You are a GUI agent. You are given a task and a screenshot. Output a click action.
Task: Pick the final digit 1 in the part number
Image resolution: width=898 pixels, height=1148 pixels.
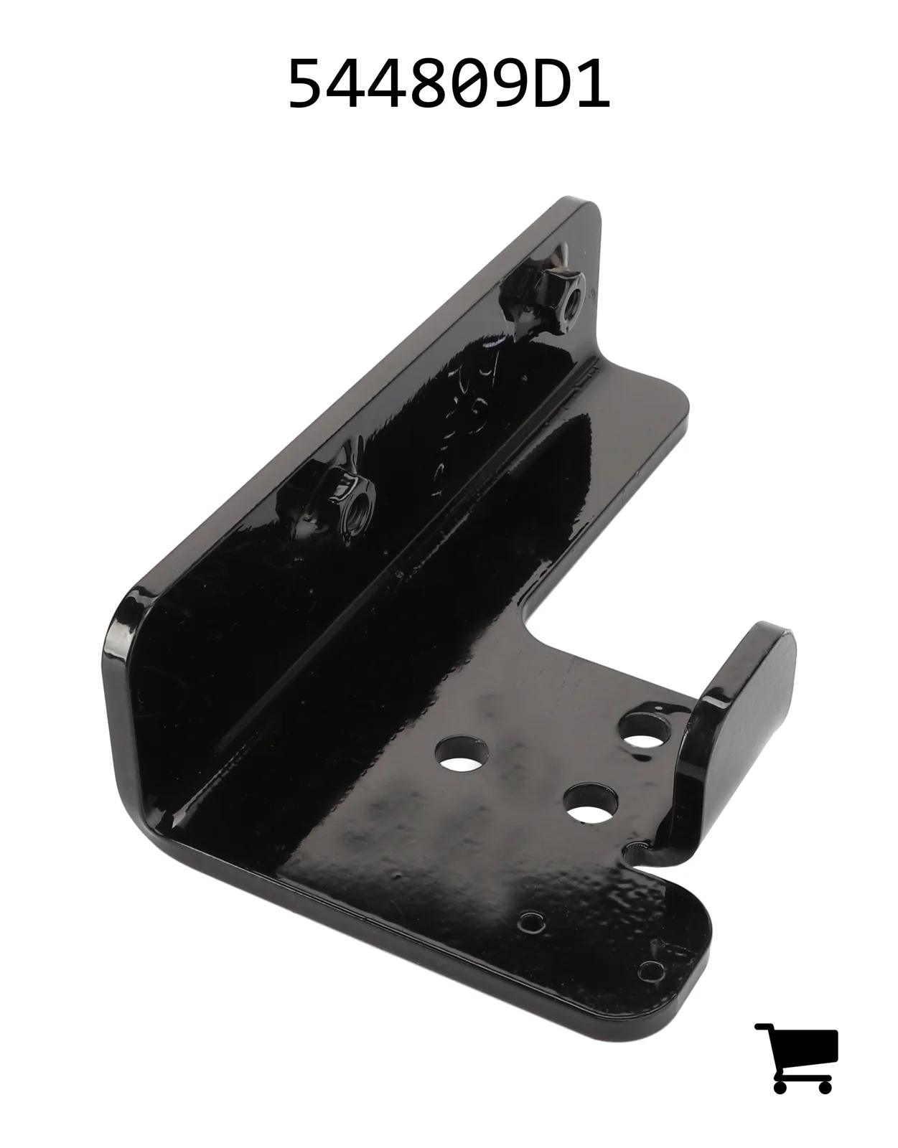(x=592, y=83)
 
